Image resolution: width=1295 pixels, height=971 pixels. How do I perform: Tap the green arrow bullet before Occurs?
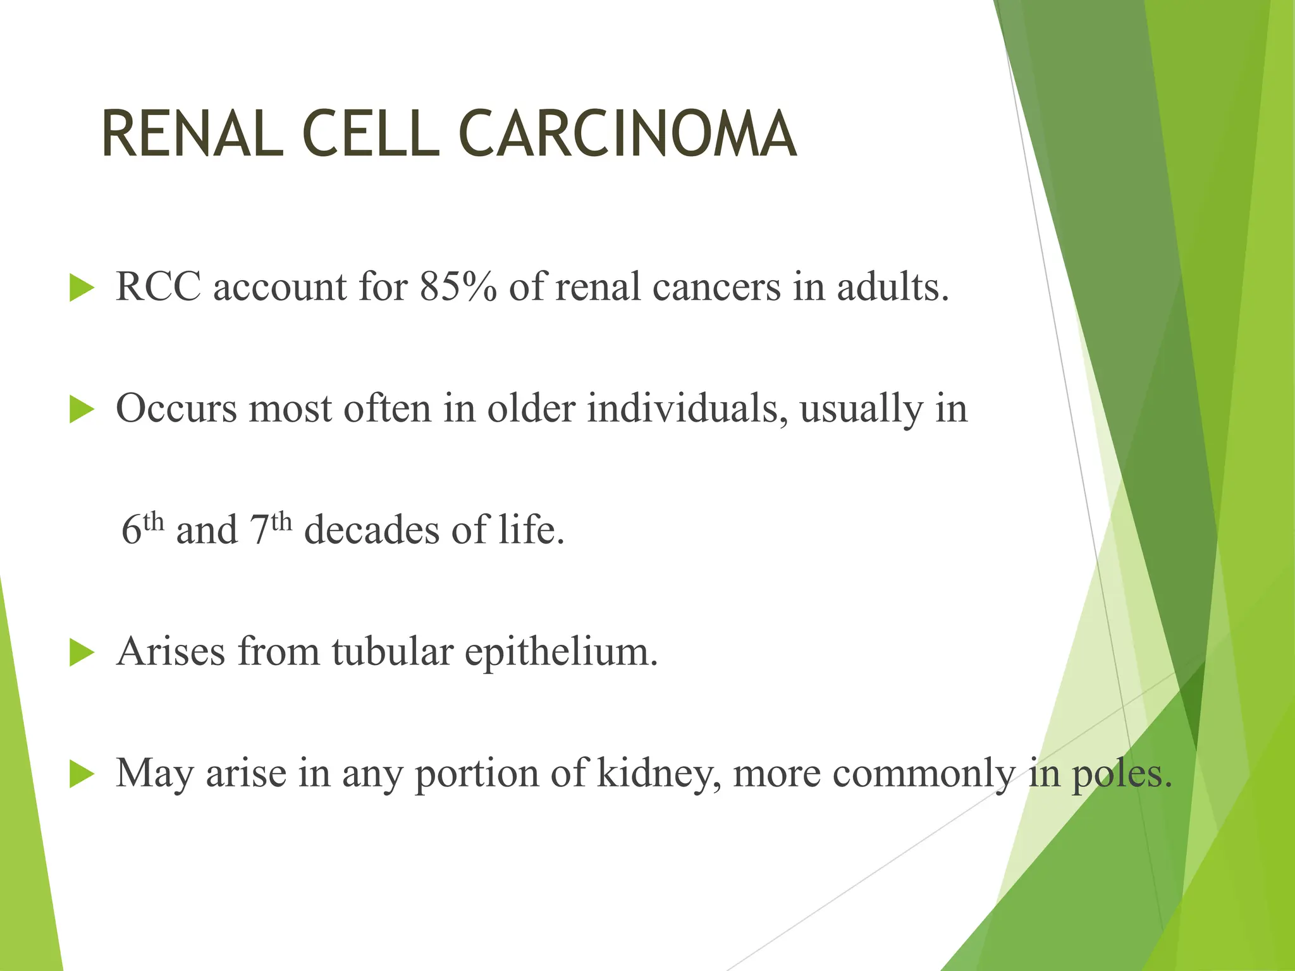(81, 410)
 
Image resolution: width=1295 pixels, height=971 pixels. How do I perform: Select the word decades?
(371, 530)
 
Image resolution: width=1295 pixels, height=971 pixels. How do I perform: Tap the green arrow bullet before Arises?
(81, 652)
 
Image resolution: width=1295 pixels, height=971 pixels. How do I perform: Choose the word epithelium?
(562, 652)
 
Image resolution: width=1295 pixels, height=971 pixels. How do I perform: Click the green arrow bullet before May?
(81, 774)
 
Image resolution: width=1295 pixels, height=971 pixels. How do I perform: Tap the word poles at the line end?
(1120, 774)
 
